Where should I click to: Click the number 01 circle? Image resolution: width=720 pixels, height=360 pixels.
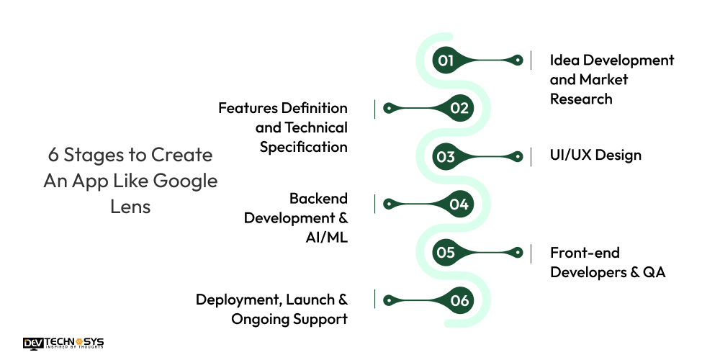click(x=446, y=60)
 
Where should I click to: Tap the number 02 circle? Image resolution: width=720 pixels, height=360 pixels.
click(x=459, y=108)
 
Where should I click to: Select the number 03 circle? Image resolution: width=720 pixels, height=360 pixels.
click(x=446, y=156)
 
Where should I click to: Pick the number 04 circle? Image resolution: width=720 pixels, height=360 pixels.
click(x=459, y=204)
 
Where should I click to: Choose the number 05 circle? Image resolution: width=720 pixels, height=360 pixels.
click(x=446, y=252)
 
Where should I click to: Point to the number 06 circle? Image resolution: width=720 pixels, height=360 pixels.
click(x=459, y=300)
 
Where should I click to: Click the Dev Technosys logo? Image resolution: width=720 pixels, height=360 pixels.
click(x=63, y=343)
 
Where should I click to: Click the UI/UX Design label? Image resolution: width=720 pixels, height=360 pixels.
click(x=595, y=155)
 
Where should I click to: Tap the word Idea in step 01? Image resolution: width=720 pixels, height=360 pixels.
click(x=566, y=60)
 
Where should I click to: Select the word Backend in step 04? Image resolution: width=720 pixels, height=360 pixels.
click(x=318, y=198)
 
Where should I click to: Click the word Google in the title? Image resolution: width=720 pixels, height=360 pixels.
click(x=186, y=181)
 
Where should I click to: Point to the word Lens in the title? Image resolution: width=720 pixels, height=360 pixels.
click(x=130, y=206)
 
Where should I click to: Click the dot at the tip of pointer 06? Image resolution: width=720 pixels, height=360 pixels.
click(x=389, y=300)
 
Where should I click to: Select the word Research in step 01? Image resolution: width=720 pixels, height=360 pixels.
click(x=581, y=99)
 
